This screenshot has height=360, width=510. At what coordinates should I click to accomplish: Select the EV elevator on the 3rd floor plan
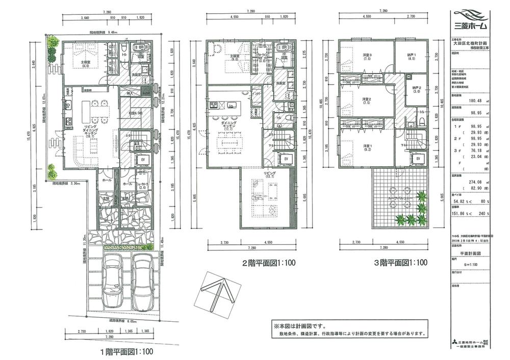[x=418, y=159]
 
